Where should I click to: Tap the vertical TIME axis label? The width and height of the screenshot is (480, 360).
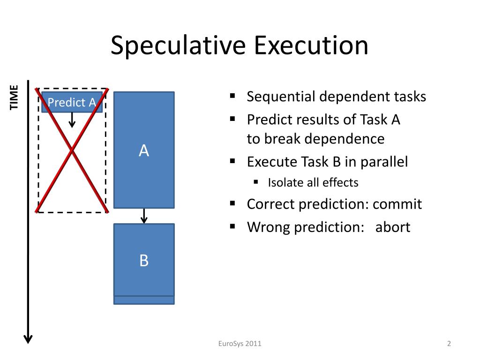(x=15, y=97)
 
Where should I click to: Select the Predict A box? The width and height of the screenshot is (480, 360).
(x=72, y=102)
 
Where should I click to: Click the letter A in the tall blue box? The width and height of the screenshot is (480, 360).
(x=144, y=150)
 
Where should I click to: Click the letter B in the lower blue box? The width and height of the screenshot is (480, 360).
(x=144, y=260)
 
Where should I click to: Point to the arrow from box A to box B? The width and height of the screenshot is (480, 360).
(x=144, y=216)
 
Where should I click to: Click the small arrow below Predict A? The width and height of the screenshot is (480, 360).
(x=72, y=120)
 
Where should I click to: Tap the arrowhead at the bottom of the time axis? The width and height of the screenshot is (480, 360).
(x=28, y=338)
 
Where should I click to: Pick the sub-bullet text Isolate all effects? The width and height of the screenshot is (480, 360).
(x=313, y=182)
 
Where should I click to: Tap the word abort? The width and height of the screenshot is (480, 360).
(x=393, y=227)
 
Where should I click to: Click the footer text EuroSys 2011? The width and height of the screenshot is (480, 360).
(x=240, y=344)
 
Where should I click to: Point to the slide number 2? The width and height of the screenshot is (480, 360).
(x=449, y=344)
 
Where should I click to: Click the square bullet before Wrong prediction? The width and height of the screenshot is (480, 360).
(x=232, y=226)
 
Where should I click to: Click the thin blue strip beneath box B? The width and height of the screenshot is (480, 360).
(x=144, y=300)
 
